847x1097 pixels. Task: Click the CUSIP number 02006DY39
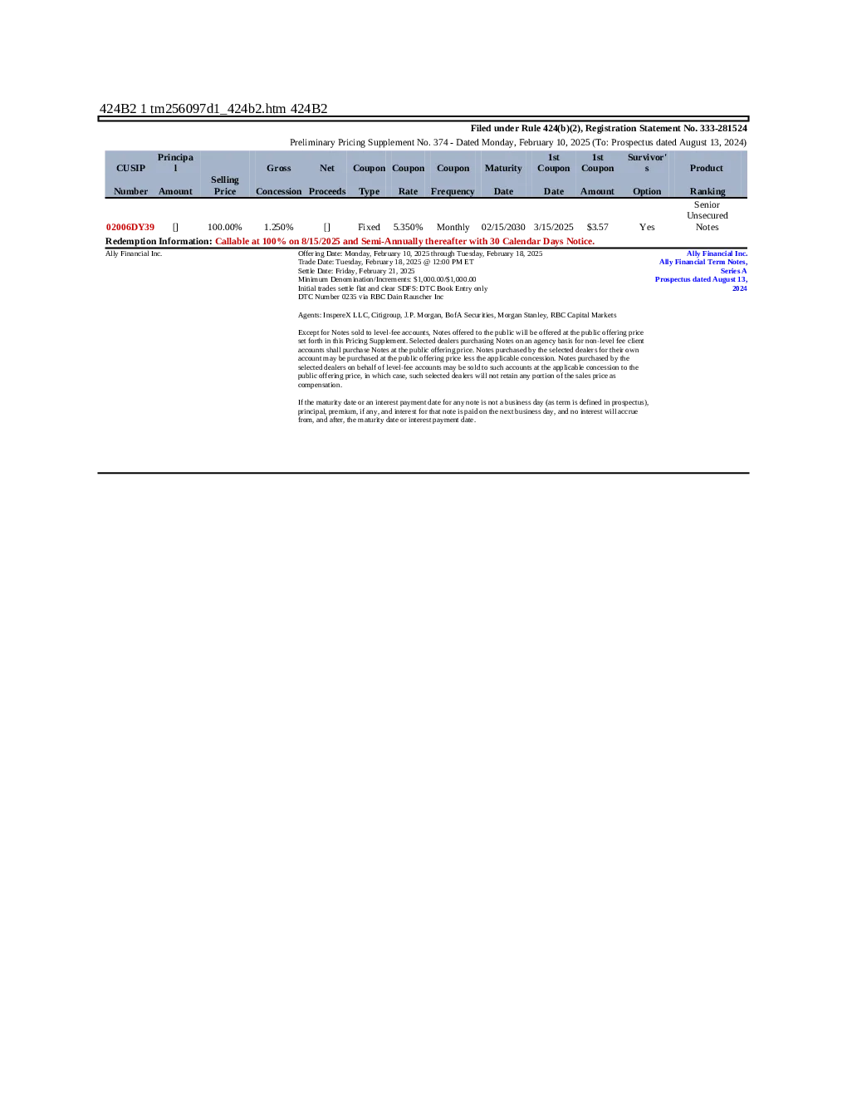click(x=130, y=227)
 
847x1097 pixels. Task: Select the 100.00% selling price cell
click(x=224, y=227)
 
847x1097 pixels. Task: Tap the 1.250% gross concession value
click(x=278, y=227)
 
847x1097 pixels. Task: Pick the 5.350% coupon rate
click(x=408, y=227)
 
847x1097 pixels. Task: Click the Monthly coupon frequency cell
click(x=453, y=227)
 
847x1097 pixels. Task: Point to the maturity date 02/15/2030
click(x=503, y=227)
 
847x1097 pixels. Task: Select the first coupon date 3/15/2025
click(x=553, y=227)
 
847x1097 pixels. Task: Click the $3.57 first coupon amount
click(x=597, y=227)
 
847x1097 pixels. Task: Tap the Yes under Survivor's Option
click(x=647, y=227)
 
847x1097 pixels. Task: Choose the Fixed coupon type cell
click(x=369, y=227)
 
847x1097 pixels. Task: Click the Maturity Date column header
click(x=503, y=180)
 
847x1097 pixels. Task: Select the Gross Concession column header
click(x=278, y=180)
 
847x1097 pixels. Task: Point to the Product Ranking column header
click(x=707, y=180)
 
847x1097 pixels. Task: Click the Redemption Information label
click(x=159, y=241)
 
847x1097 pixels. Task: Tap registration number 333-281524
click(x=723, y=128)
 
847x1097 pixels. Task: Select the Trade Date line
click(x=385, y=262)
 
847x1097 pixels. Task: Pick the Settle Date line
click(x=356, y=271)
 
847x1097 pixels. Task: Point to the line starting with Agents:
click(x=457, y=315)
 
